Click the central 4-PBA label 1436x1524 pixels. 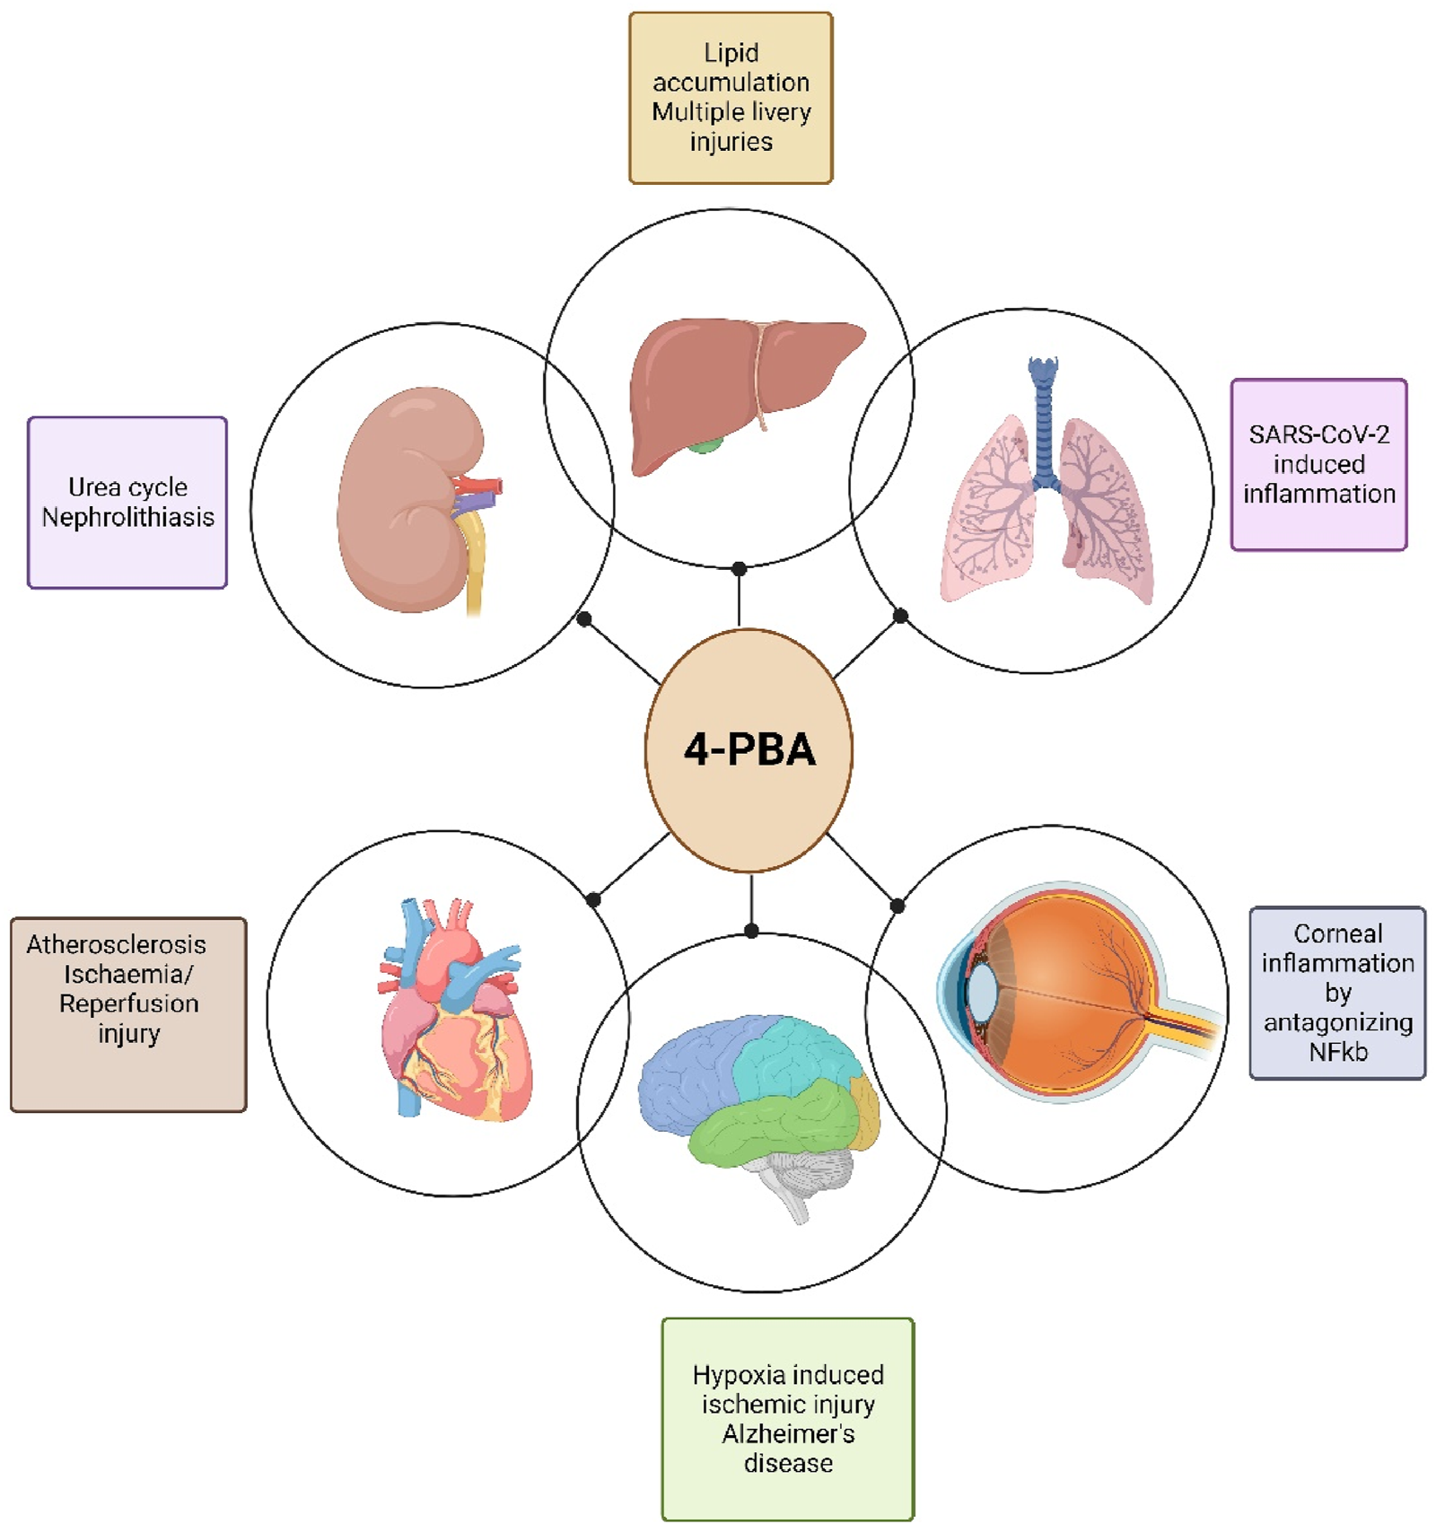749,749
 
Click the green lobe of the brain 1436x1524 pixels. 772,1122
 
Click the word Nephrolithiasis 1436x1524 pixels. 127,518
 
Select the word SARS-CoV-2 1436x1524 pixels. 1318,434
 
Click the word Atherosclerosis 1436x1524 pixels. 116,944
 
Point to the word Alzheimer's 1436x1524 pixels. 787,1433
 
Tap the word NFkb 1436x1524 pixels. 1337,1052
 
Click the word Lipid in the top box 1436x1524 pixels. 731,53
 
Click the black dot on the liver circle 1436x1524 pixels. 739,569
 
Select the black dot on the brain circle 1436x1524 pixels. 751,931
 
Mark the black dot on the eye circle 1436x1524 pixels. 897,906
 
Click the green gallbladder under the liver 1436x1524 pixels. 705,443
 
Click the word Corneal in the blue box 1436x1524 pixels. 1337,933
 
